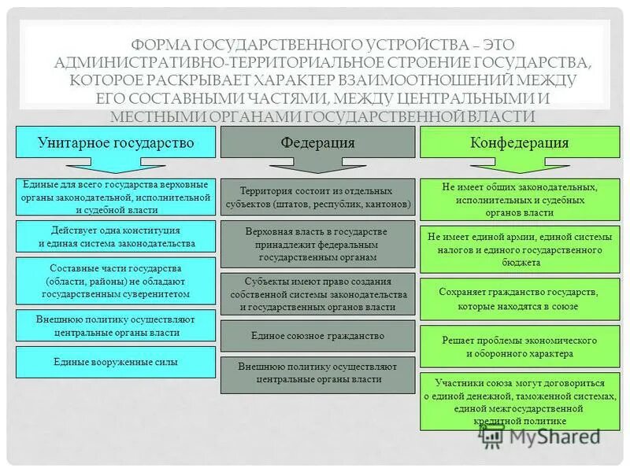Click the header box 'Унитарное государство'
116,142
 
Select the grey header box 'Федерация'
317,142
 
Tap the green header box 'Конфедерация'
519,142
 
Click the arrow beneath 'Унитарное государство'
116,166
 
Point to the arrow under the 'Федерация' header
317,166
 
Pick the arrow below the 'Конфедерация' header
519,166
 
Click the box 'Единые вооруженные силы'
116,363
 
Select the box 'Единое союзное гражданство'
317,336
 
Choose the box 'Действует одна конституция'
116,237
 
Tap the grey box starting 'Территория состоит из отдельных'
317,197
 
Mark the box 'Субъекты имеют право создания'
317,293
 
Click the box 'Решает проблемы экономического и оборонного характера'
519,347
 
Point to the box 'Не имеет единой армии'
519,249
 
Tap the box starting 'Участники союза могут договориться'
519,402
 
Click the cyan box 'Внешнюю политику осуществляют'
116,326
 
